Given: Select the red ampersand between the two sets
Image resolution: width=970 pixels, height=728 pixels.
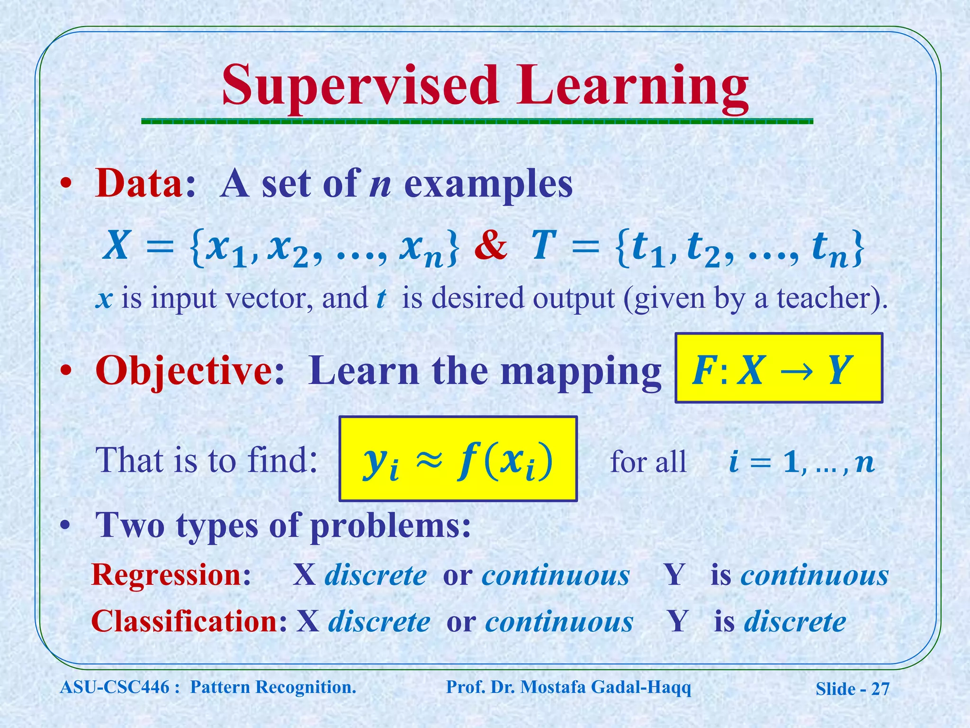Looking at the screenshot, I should click(491, 246).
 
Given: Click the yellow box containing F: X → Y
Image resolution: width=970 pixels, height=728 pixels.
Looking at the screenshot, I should click(778, 368).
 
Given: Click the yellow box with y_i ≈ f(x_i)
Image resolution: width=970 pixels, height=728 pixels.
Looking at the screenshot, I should click(458, 459).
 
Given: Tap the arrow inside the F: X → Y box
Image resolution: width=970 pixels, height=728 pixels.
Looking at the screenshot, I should click(796, 370).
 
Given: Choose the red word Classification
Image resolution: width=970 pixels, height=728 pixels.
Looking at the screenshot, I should click(185, 621).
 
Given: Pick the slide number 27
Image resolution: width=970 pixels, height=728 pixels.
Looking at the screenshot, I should click(880, 689).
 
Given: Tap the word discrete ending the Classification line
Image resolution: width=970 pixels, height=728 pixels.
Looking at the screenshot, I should click(795, 621).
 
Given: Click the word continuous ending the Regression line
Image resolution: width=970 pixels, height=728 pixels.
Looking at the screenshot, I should click(814, 575).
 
